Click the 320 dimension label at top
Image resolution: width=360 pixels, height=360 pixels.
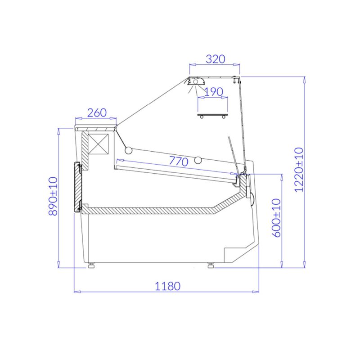tap(216, 59)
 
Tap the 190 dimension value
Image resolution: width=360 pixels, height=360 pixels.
tap(213, 92)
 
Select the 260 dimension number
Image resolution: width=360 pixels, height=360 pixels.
tap(97, 112)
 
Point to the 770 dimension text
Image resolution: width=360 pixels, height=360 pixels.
tap(179, 161)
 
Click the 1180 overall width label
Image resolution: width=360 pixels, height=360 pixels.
tap(167, 286)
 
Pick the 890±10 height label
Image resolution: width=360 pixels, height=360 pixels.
tap(53, 196)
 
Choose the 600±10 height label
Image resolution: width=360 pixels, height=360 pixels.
tap(276, 218)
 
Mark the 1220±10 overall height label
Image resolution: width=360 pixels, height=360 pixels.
tap(299, 170)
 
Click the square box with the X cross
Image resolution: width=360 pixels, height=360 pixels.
tap(98, 144)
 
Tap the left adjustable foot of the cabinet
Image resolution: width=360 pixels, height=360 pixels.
tap(92, 265)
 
